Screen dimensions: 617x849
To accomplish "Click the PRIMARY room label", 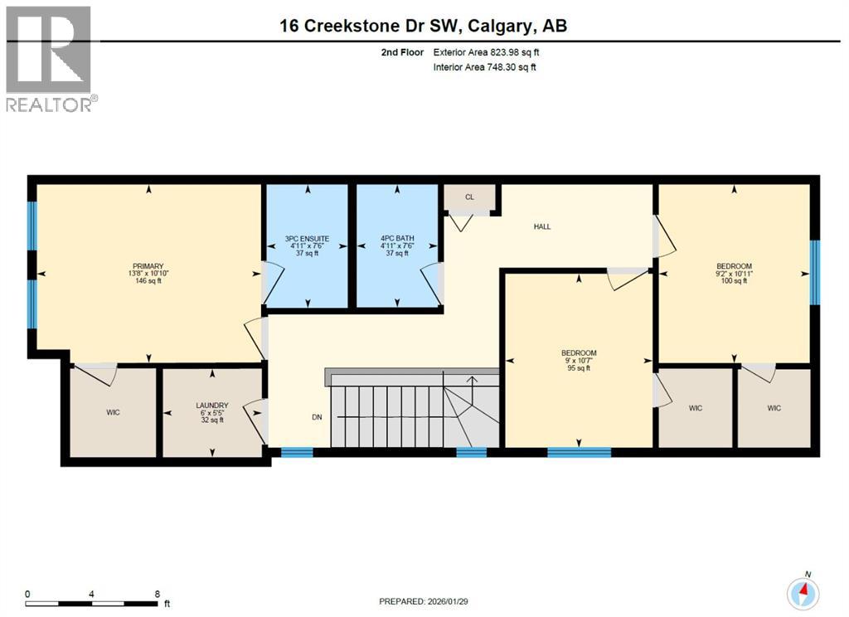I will (x=146, y=266).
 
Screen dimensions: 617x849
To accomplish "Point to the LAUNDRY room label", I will (x=211, y=406).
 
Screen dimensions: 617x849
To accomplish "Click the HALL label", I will (x=542, y=226).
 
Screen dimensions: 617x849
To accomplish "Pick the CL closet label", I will (x=469, y=197).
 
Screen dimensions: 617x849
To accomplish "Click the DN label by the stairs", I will (x=317, y=417).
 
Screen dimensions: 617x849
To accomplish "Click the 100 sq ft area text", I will (x=734, y=281).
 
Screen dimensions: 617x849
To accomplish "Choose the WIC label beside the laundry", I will (x=114, y=412).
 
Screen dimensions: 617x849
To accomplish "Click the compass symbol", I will (x=803, y=591).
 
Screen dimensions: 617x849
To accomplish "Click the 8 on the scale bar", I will (x=157, y=594).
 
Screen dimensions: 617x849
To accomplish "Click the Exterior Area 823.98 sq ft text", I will (x=491, y=52).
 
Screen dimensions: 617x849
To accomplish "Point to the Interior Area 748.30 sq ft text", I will (x=485, y=67).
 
